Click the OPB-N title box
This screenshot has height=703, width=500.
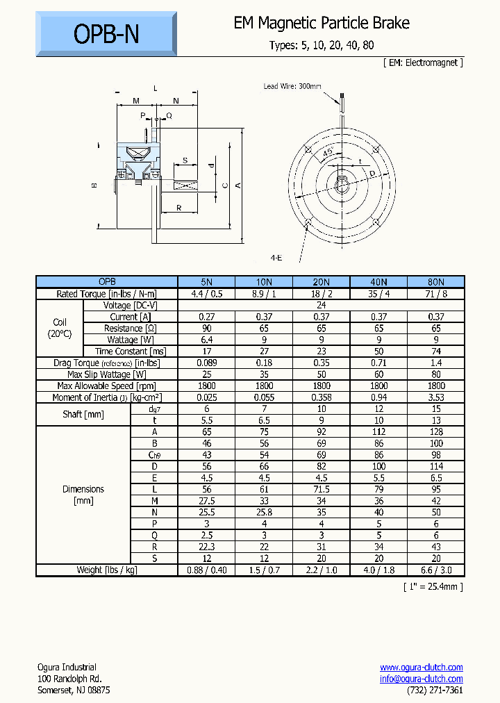[x=106, y=34]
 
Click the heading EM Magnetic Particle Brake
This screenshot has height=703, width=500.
[x=322, y=23]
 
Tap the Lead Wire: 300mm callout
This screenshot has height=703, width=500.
[x=292, y=86]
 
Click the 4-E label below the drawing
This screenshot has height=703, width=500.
[x=276, y=258]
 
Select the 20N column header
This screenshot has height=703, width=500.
[x=321, y=282]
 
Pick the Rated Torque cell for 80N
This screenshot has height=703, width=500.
[x=435, y=294]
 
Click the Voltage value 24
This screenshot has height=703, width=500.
[x=321, y=305]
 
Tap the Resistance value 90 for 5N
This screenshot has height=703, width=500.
[x=206, y=328]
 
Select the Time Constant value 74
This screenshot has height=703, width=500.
[x=435, y=351]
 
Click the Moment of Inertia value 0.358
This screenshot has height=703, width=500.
[x=321, y=397]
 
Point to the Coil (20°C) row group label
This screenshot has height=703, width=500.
[x=60, y=328]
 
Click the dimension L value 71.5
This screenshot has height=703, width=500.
[x=321, y=489]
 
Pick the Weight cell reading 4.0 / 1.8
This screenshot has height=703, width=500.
[x=378, y=570]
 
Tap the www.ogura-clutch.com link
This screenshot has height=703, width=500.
[x=421, y=667]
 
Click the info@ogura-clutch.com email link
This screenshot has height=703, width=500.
[x=421, y=679]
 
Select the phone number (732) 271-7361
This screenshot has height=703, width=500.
[x=435, y=690]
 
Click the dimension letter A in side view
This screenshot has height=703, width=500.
[x=238, y=185]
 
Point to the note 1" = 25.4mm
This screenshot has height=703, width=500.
[x=433, y=586]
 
